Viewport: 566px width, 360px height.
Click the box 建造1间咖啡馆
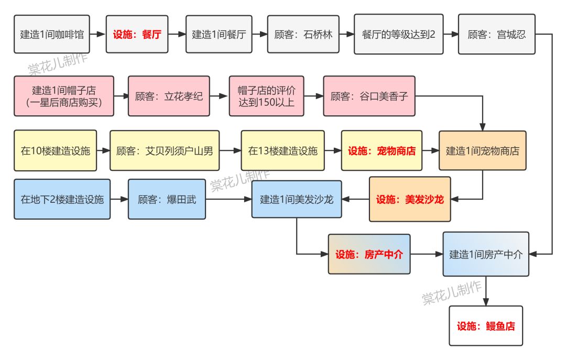tap(51, 35)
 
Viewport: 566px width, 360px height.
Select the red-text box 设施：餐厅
tap(137, 35)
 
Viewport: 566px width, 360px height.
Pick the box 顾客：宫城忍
tap(496, 35)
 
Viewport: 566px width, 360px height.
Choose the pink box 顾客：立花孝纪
tap(169, 96)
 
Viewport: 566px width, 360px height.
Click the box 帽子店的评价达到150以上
tap(266, 96)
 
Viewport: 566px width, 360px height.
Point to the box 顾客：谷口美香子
tap(369, 96)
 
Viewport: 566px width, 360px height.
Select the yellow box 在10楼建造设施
tap(56, 151)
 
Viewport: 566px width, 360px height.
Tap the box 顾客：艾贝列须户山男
tap(165, 151)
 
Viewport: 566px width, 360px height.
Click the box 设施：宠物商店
tap(382, 151)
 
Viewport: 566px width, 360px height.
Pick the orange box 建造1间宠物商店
tap(482, 151)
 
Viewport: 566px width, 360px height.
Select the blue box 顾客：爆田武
tap(167, 199)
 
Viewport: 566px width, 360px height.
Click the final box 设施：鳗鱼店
tap(486, 326)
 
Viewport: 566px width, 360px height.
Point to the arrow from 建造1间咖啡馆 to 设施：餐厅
tap(98, 35)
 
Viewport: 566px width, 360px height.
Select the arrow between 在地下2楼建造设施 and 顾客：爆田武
tap(119, 199)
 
